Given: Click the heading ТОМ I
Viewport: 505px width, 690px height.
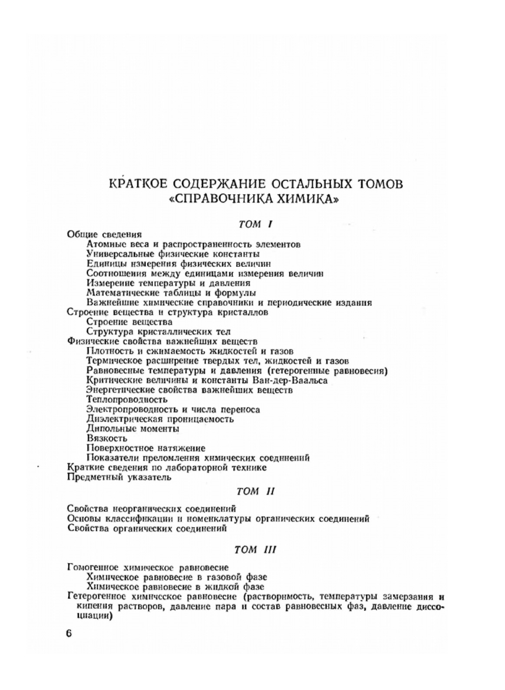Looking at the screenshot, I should [x=255, y=224].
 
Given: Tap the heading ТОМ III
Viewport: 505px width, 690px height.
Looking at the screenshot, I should [x=255, y=550].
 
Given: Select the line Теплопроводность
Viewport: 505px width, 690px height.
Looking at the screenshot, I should [x=127, y=399].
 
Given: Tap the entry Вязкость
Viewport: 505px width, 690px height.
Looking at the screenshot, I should [x=107, y=438].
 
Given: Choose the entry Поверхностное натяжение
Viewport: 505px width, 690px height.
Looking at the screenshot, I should [x=146, y=448].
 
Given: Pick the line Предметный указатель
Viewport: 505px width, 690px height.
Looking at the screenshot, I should [x=119, y=477].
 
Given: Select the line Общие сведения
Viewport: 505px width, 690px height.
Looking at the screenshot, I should [x=105, y=234].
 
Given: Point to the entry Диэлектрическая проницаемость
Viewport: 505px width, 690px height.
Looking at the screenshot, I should [x=160, y=419].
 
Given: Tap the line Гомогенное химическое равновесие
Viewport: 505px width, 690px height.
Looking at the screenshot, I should [x=148, y=567].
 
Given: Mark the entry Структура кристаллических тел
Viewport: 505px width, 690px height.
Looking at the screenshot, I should [x=158, y=332].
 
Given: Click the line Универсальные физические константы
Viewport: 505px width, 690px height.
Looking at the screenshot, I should [x=173, y=253].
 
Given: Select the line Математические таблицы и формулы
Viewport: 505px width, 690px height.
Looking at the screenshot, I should [x=171, y=292].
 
